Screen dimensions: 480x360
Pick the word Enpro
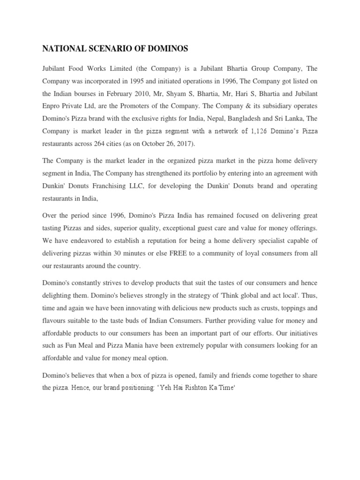[52, 105]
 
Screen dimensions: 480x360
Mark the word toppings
[293, 308]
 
